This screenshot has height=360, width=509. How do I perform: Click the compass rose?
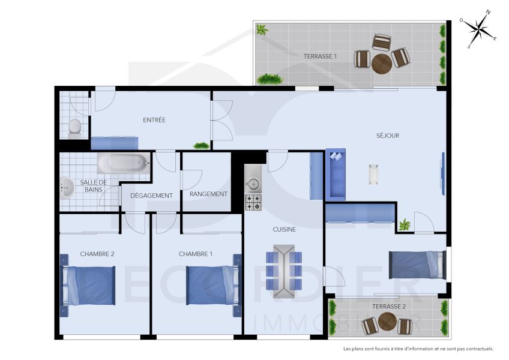[478, 29]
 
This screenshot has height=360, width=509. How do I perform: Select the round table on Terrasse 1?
[382, 64]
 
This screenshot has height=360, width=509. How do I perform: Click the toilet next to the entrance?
[75, 128]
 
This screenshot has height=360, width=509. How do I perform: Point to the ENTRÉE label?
[154, 120]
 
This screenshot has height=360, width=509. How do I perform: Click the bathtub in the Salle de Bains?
[123, 162]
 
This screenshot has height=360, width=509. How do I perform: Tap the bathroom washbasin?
[67, 188]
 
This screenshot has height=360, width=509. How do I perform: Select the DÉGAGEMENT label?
[151, 196]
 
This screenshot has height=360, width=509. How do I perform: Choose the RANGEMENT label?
[208, 194]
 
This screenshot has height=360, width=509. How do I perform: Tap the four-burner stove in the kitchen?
[253, 202]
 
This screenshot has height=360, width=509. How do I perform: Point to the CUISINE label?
[285, 229]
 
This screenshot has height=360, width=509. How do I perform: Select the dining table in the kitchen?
[283, 271]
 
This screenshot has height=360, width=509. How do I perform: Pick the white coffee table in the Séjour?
[374, 175]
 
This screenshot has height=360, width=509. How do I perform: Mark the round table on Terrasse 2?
[387, 322]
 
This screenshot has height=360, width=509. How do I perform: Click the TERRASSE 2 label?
[389, 307]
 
